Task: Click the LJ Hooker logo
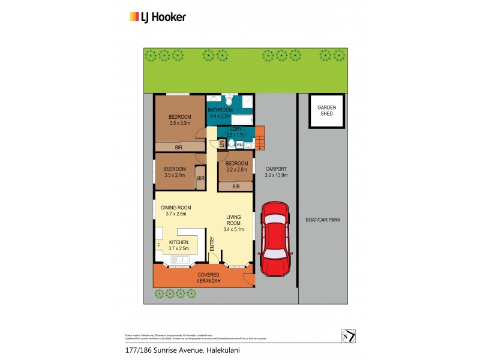(158, 17)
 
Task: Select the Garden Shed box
(326, 111)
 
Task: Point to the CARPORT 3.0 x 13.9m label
(277, 172)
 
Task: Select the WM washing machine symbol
(239, 145)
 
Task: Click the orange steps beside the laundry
(260, 139)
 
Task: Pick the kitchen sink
(179, 259)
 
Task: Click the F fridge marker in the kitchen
(158, 245)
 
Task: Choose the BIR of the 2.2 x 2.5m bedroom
(236, 187)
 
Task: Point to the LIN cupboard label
(221, 143)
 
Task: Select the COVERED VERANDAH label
(209, 278)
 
